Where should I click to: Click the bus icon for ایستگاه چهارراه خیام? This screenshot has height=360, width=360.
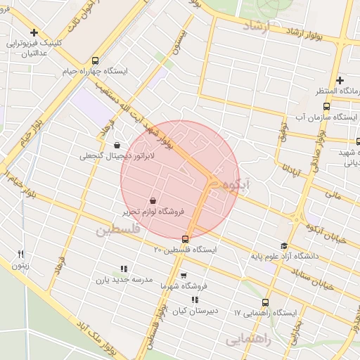[96, 60]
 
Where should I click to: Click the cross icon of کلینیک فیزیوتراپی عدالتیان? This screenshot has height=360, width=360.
[34, 32]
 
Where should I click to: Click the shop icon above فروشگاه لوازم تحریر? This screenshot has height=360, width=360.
[153, 200]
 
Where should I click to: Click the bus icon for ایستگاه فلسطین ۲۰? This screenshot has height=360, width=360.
[186, 239]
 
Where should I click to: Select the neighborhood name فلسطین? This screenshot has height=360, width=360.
[119, 229]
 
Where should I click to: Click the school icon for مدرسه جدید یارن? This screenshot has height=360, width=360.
[124, 269]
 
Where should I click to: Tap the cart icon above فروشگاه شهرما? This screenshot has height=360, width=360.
[184, 275]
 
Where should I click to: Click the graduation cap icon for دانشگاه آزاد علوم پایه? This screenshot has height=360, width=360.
[284, 246]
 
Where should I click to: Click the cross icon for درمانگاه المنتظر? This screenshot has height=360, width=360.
[340, 81]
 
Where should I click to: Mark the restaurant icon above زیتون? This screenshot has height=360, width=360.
[21, 254]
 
